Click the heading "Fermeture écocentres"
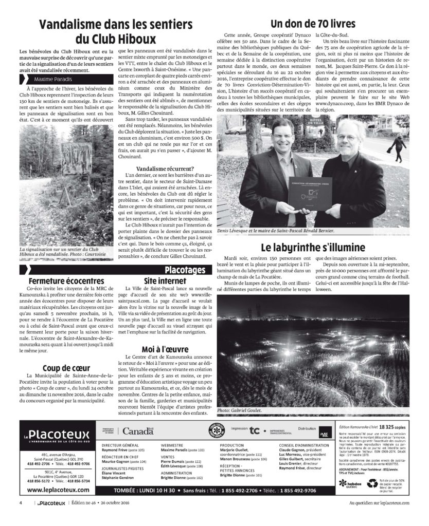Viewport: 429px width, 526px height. (x=61, y=282)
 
